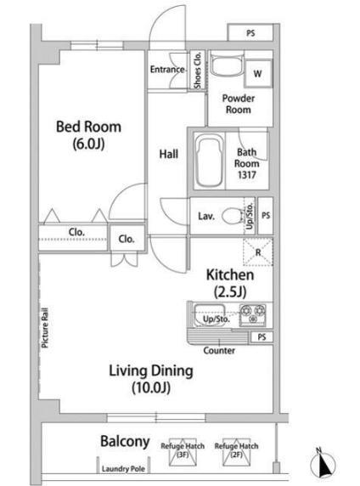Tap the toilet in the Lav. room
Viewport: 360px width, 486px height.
[233, 216]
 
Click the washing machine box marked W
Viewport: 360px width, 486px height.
[258, 74]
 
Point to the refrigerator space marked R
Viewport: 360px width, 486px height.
[258, 252]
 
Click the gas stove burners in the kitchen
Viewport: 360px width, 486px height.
[252, 314]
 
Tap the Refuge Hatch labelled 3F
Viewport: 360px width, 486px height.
[183, 452]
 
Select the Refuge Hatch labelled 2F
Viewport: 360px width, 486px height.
[236, 452]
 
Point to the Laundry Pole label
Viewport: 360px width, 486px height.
[124, 469]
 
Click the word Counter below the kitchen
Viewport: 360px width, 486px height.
[219, 351]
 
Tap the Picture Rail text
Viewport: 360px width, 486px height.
[45, 327]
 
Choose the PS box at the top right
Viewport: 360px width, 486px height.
[250, 32]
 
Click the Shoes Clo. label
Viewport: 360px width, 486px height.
[197, 71]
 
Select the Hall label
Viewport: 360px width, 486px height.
[168, 154]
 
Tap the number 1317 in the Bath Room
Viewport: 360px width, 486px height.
[247, 175]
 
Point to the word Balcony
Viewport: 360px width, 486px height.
[125, 441]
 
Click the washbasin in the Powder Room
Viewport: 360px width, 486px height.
[228, 65]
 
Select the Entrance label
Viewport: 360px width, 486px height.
[167, 70]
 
